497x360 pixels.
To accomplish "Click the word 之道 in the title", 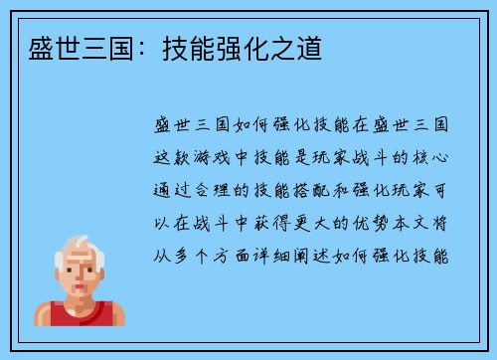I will pos(299,48).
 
